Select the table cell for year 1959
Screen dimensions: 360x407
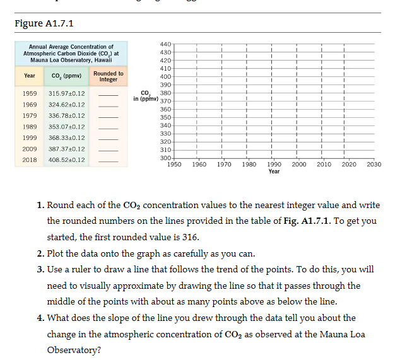30,93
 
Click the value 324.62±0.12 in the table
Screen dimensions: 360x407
67,105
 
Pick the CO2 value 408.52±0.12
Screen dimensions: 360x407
67,160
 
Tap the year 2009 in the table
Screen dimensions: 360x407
30,149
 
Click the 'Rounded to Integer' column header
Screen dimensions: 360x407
109,76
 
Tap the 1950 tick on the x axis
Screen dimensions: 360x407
175,164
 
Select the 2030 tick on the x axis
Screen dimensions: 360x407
374,164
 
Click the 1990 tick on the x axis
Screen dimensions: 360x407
274,164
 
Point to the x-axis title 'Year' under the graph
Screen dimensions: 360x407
274,171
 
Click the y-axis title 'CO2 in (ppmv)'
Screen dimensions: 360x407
146,95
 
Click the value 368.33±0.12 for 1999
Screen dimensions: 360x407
67,137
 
